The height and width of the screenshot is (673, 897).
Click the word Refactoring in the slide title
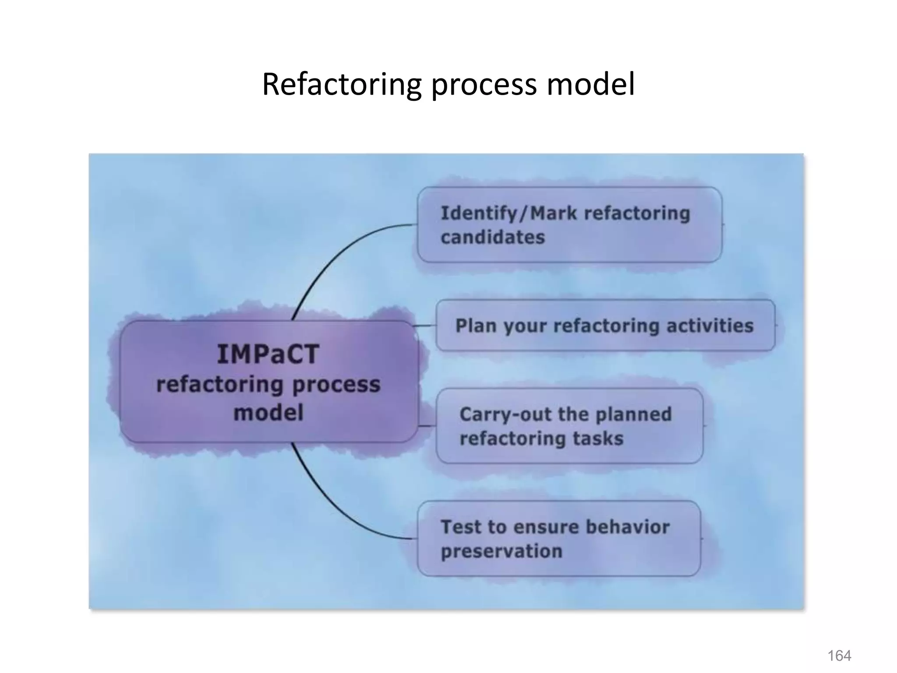coord(342,84)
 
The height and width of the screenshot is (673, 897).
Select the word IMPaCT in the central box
coord(268,354)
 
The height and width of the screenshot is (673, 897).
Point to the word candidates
coord(493,237)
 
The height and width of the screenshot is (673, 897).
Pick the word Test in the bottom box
coord(460,527)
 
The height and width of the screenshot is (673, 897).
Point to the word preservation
coord(501,551)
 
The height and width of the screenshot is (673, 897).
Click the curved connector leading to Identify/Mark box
coord(333,254)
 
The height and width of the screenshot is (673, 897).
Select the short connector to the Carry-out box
coord(427,425)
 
